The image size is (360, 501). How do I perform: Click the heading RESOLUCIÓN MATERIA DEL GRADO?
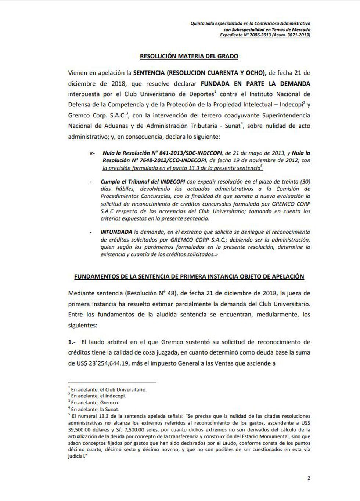tap(189, 56)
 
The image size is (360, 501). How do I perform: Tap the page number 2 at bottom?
tap(309, 478)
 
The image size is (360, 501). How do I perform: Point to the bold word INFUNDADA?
tap(116, 232)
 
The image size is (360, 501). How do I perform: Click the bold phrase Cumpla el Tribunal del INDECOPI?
tap(144, 181)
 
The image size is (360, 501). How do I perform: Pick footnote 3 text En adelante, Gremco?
tap(95, 403)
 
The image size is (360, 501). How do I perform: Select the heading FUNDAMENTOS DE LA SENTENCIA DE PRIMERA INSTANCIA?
tap(189, 276)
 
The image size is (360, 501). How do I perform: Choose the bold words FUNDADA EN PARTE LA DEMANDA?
tap(255, 84)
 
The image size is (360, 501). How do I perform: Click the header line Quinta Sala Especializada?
tap(250, 23)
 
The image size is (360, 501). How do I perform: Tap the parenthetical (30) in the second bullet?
tap(304, 181)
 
